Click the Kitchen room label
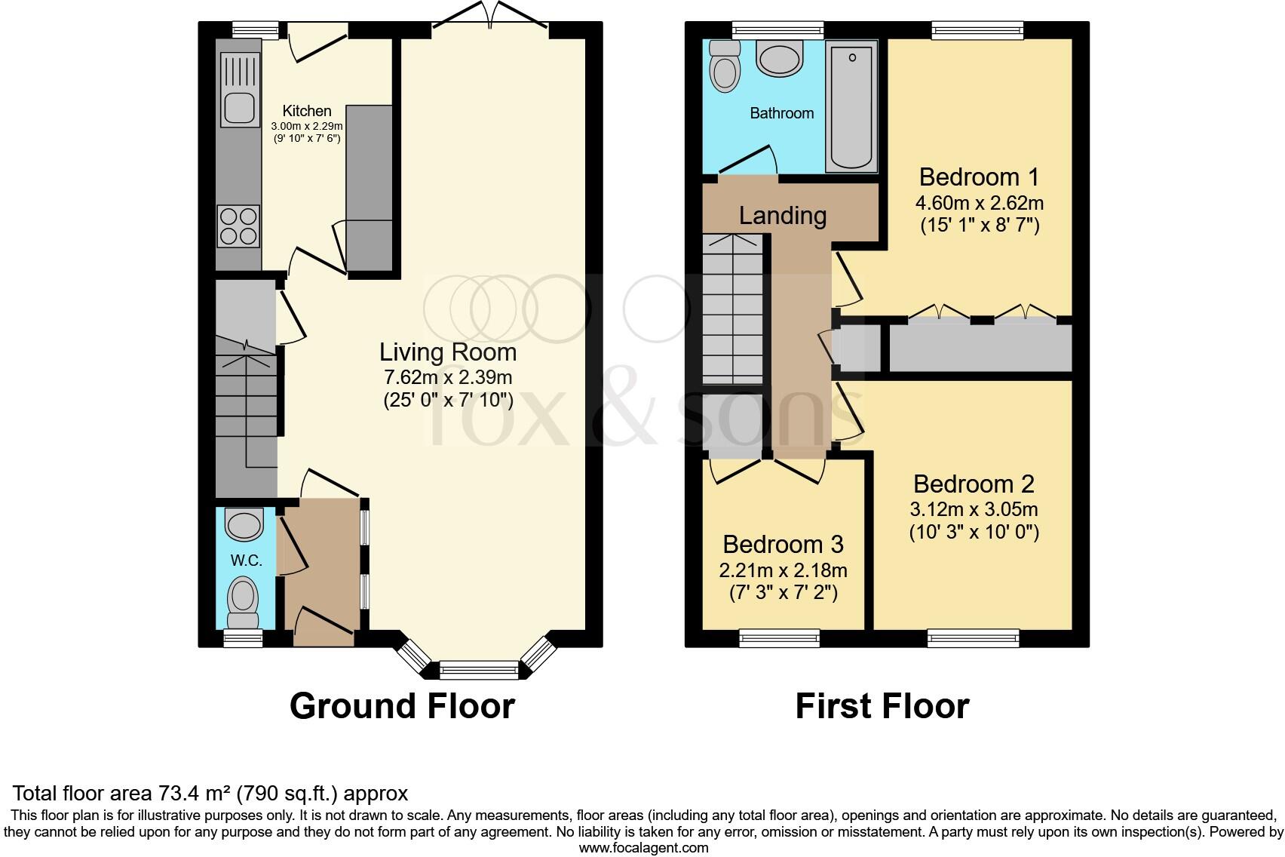pyautogui.click(x=307, y=111)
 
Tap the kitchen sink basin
pyautogui.click(x=240, y=108)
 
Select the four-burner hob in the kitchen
pyautogui.click(x=238, y=226)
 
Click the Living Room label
pyautogui.click(x=447, y=352)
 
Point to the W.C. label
pyautogui.click(x=246, y=561)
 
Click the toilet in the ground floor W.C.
pyautogui.click(x=242, y=601)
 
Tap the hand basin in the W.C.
pyautogui.click(x=244, y=524)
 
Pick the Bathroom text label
pyautogui.click(x=781, y=113)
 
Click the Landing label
pyautogui.click(x=782, y=216)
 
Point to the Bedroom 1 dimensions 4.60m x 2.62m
pyautogui.click(x=979, y=203)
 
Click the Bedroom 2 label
pyautogui.click(x=974, y=484)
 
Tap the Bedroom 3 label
pyautogui.click(x=783, y=544)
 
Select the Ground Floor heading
pyautogui.click(x=402, y=706)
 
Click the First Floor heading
pyautogui.click(x=882, y=706)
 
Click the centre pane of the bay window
pyautogui.click(x=479, y=668)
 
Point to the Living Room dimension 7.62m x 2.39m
pyautogui.click(x=447, y=377)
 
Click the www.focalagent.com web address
pyautogui.click(x=643, y=847)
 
